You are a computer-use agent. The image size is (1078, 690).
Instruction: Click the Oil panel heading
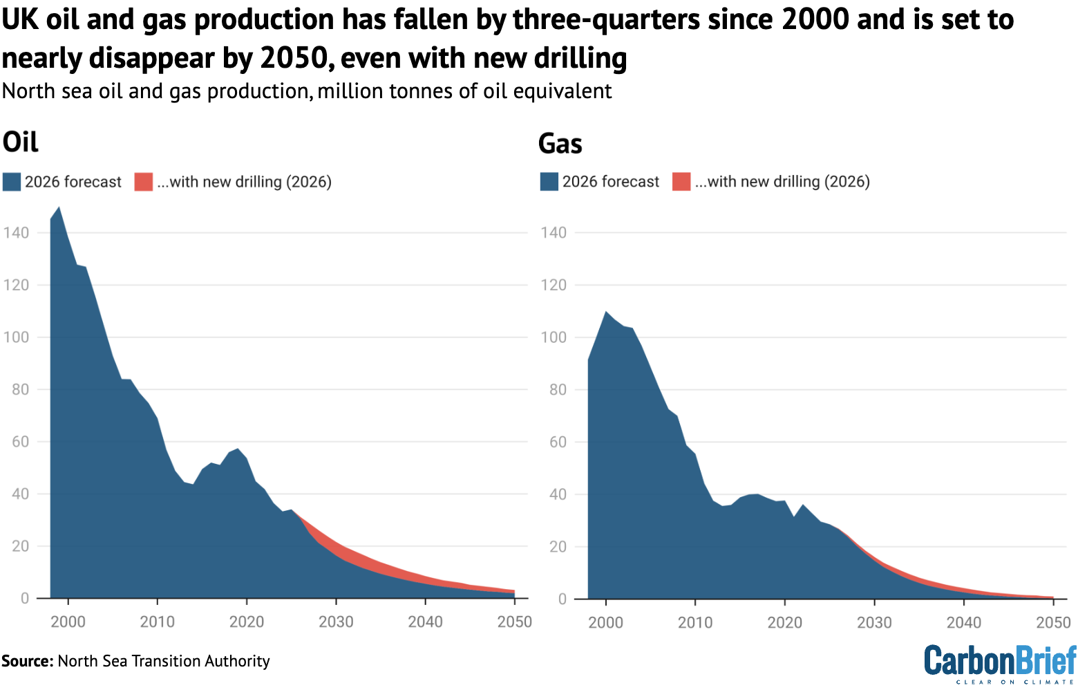click(x=21, y=142)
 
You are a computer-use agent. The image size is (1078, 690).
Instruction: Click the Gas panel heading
click(x=560, y=144)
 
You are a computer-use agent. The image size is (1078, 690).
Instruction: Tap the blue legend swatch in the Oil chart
click(x=12, y=182)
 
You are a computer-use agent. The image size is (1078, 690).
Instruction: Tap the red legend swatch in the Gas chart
click(x=681, y=182)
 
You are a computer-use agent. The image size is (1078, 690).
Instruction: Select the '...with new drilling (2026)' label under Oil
click(x=244, y=182)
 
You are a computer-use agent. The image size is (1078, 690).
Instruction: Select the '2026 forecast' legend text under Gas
click(x=611, y=182)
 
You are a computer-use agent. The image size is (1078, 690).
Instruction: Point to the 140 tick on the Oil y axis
click(x=16, y=233)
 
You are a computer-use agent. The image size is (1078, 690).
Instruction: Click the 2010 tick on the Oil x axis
click(x=158, y=622)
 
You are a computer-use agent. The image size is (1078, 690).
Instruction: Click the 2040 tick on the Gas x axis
click(x=963, y=622)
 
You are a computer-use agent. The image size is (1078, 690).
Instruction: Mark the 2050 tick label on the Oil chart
click(x=514, y=622)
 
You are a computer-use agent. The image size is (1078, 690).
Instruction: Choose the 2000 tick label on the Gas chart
click(x=605, y=622)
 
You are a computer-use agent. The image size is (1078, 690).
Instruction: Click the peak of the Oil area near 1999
click(x=59, y=207)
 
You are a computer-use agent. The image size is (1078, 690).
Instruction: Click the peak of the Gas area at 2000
click(x=606, y=312)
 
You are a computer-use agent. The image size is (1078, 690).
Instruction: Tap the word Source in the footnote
click(x=27, y=661)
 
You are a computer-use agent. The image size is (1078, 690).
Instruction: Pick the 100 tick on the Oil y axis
click(x=16, y=337)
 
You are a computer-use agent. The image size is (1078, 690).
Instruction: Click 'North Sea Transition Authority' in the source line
click(x=164, y=661)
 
